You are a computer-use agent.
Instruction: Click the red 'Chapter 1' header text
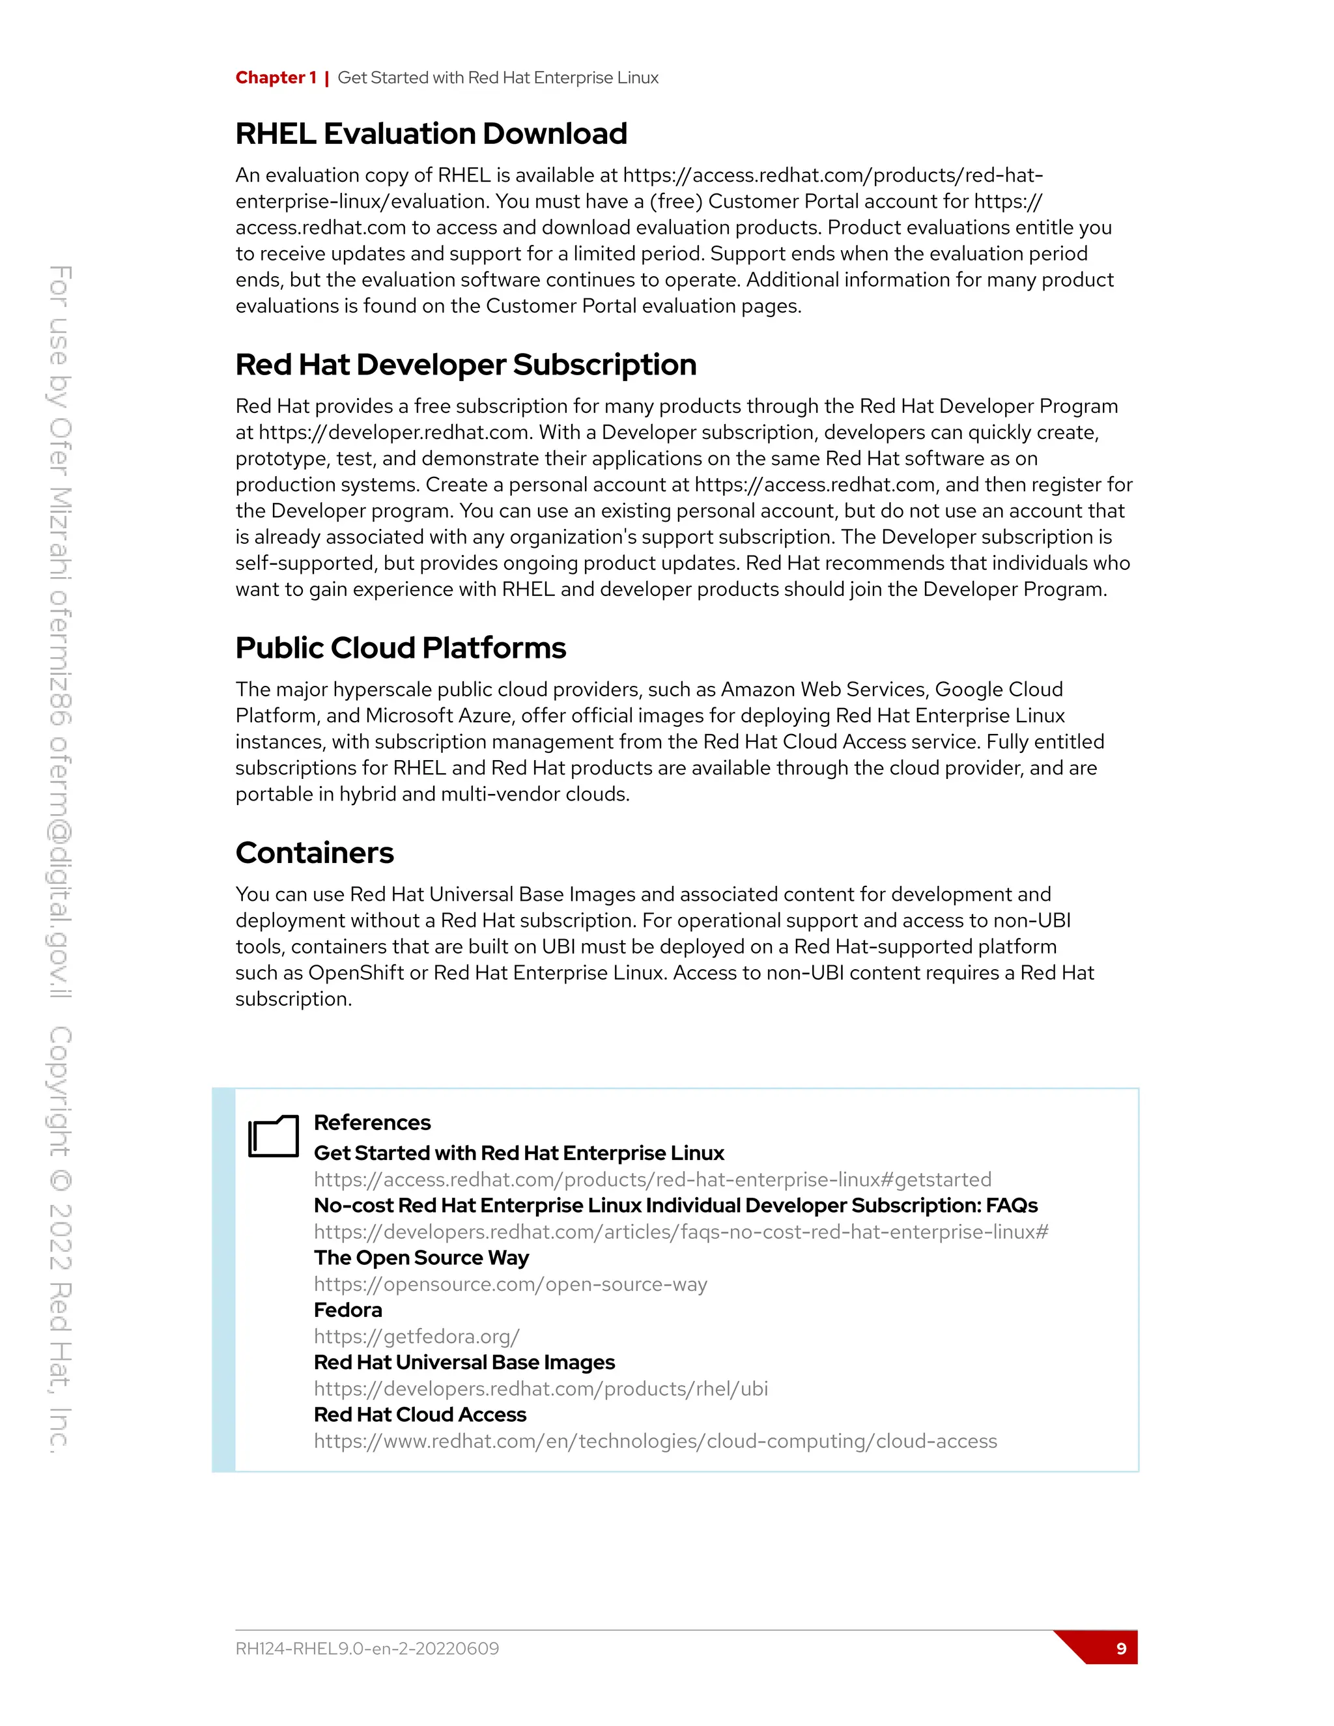(276, 78)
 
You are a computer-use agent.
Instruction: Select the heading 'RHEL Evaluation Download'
(431, 134)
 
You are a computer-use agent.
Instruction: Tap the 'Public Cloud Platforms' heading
(401, 648)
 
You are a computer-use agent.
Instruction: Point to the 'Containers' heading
(315, 853)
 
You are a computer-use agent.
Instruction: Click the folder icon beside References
(274, 1137)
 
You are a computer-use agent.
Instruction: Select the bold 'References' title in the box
(372, 1122)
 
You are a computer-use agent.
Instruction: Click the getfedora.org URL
(416, 1337)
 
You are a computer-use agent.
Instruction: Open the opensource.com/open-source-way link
(511, 1284)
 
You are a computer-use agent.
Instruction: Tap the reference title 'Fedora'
(348, 1310)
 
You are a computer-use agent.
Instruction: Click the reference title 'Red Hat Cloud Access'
(419, 1415)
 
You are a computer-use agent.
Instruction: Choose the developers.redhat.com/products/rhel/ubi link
(541, 1389)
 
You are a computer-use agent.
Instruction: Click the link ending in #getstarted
(652, 1180)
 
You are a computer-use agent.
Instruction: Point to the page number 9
(1120, 1648)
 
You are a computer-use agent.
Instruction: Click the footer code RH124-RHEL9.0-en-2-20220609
(367, 1648)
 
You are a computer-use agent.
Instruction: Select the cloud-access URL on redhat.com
(655, 1441)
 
